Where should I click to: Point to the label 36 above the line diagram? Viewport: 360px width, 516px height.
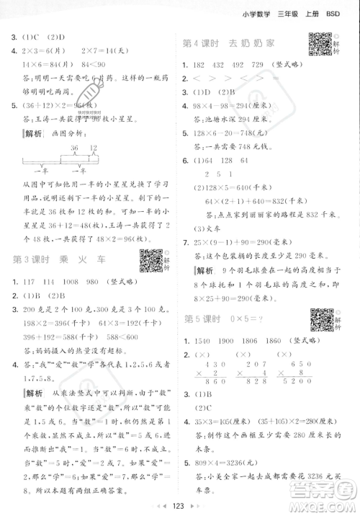tap(94, 146)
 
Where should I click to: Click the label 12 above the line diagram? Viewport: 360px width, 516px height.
tap(113, 146)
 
